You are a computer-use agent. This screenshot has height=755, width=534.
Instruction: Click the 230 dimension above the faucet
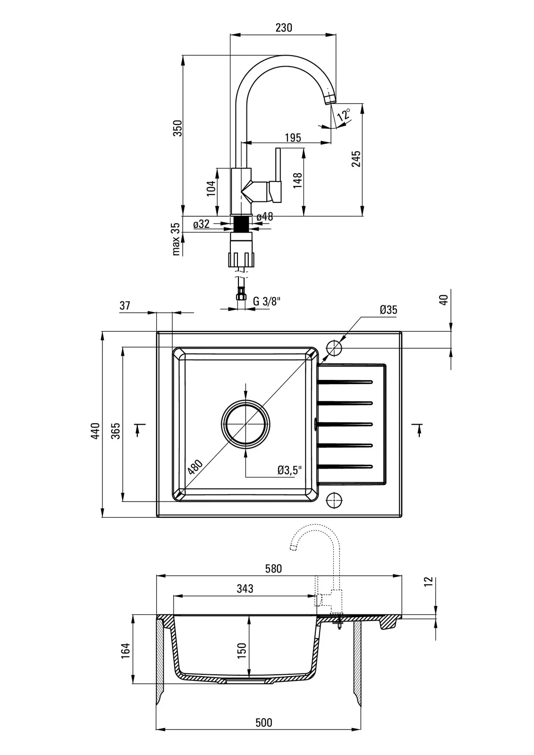(283, 28)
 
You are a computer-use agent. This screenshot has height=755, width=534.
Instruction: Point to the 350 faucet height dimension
(178, 128)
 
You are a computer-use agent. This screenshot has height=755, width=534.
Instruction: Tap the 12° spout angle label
(344, 115)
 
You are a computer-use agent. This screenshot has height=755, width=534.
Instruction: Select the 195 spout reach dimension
(293, 137)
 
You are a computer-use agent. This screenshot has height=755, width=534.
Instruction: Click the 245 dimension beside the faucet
(356, 159)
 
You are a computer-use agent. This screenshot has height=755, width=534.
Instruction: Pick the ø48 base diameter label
(265, 217)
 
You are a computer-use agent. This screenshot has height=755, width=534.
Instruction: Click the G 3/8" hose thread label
(267, 302)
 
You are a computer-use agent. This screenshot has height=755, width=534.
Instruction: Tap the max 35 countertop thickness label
(177, 239)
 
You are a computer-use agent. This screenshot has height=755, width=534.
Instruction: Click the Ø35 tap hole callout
(388, 310)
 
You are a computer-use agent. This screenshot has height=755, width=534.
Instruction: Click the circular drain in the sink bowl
(246, 423)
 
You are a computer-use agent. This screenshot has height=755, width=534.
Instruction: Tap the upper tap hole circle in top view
(334, 348)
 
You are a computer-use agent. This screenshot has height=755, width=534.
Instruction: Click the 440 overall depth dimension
(96, 431)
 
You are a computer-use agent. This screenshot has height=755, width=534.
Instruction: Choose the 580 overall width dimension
(273, 569)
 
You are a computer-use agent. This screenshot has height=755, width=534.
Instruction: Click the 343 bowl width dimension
(245, 588)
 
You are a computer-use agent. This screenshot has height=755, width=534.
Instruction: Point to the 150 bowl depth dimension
(242, 650)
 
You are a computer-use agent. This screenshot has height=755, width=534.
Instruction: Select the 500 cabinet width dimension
(263, 722)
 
